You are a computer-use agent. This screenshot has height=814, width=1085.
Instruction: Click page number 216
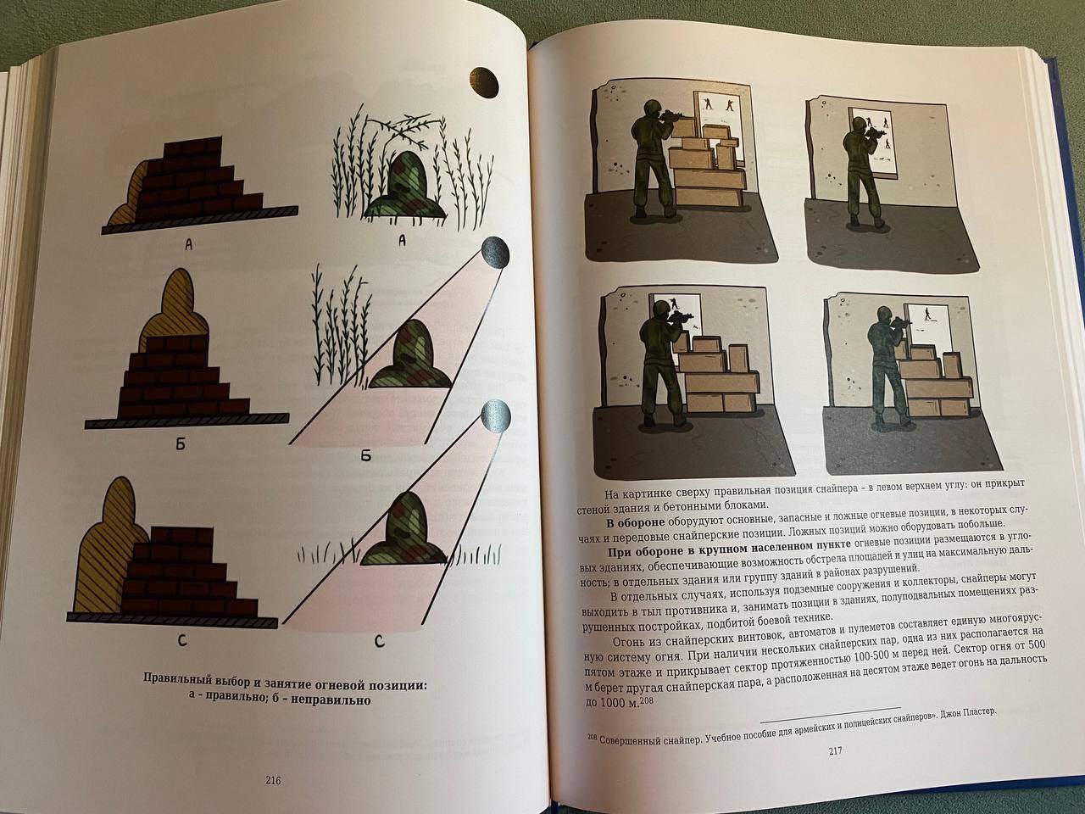(x=273, y=780)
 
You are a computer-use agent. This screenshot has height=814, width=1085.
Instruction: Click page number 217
(x=835, y=752)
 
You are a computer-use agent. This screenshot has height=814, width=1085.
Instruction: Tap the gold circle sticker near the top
(x=483, y=82)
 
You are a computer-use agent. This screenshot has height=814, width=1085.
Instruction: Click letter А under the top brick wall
(x=188, y=244)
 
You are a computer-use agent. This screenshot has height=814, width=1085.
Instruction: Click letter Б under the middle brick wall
(x=181, y=444)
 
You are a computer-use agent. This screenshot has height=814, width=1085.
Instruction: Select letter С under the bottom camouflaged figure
(x=379, y=643)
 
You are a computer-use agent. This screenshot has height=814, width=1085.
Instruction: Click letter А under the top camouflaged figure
(x=402, y=241)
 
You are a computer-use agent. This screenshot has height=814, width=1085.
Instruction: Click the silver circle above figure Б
(x=495, y=253)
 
